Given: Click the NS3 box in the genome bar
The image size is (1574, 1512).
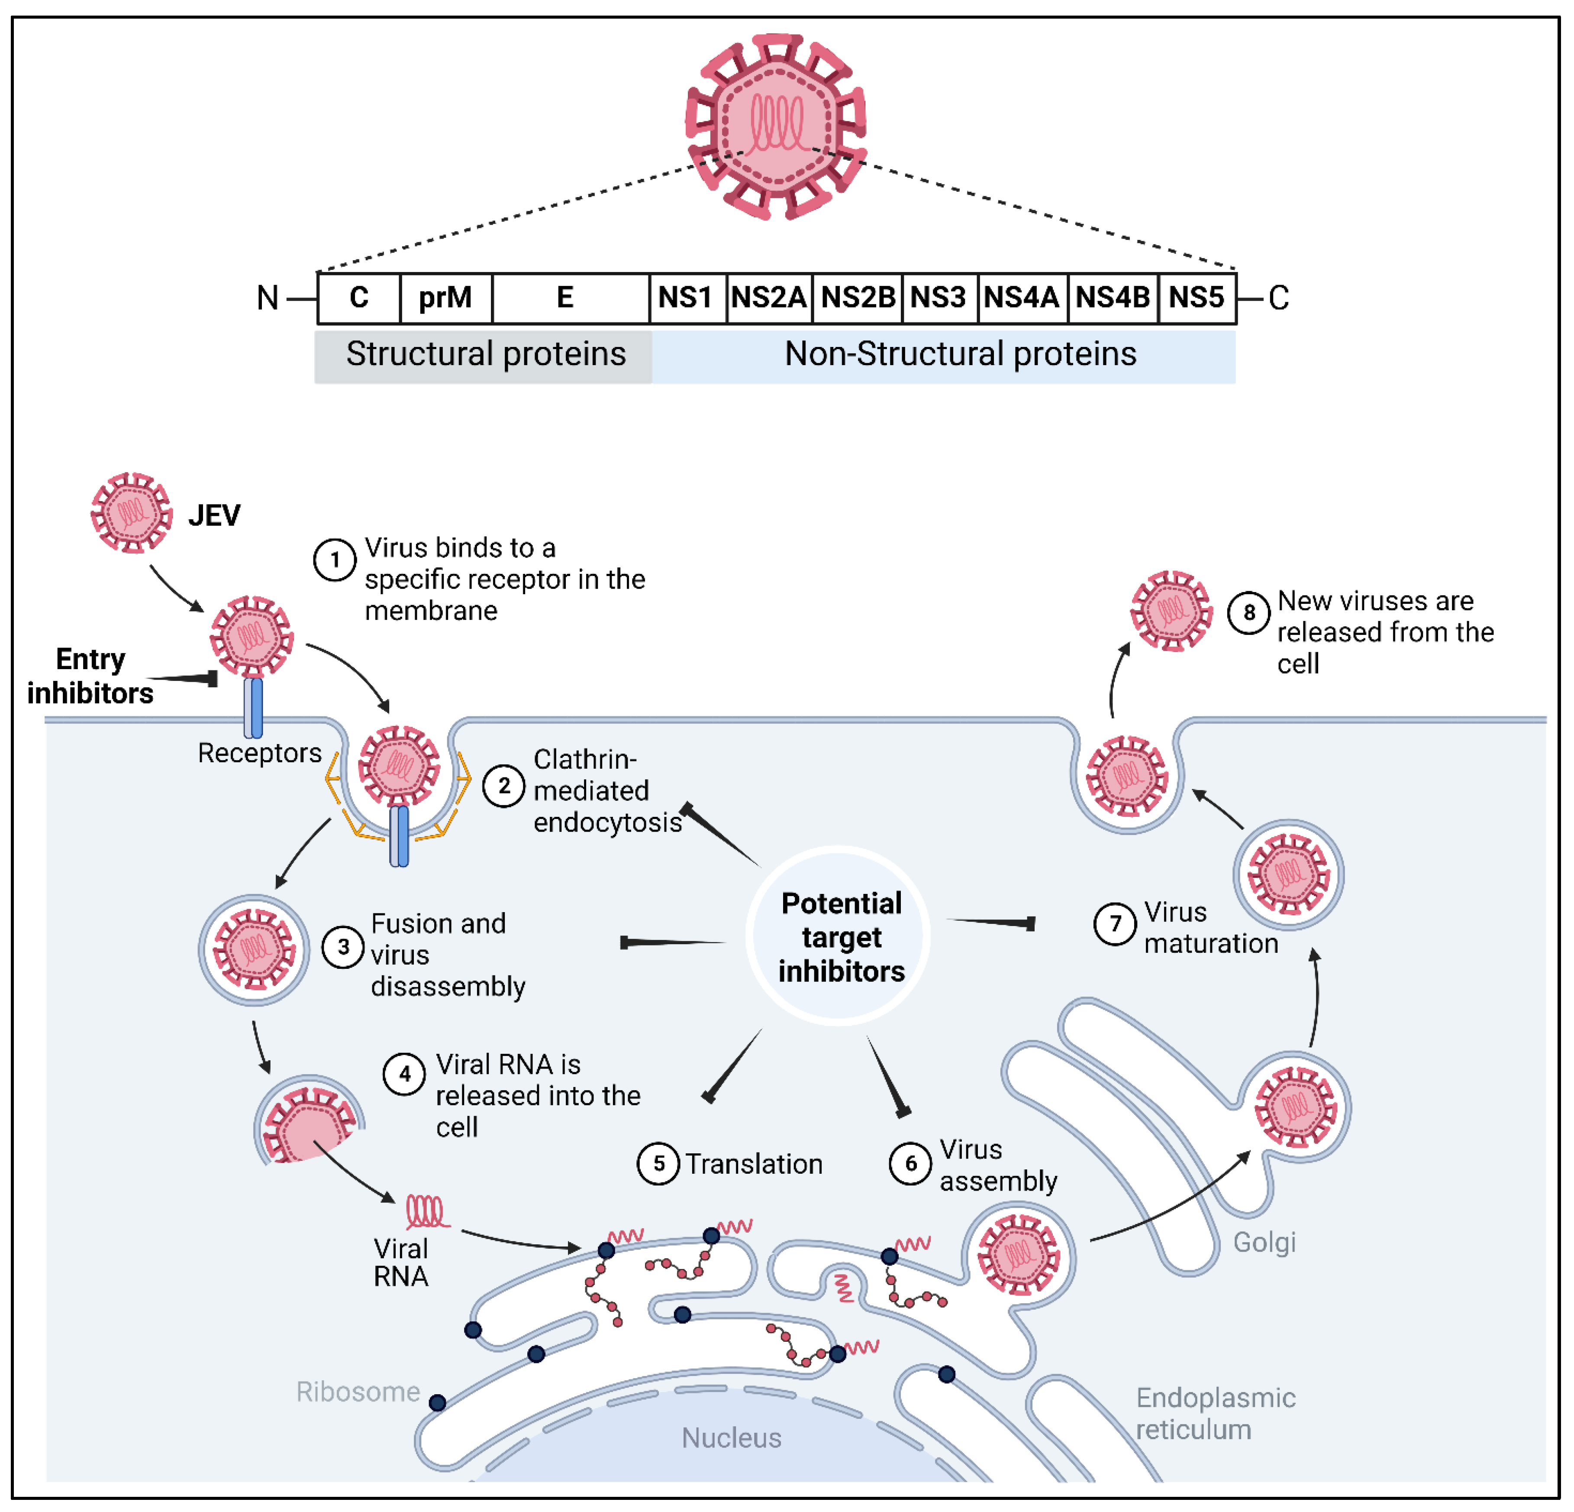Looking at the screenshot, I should click(938, 298).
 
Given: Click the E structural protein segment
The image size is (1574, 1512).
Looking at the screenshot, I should click(565, 298).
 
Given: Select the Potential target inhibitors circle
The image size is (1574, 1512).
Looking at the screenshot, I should click(840, 937).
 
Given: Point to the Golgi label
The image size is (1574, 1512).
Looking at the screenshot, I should click(1264, 1242).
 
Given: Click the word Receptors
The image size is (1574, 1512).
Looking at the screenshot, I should click(259, 753).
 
